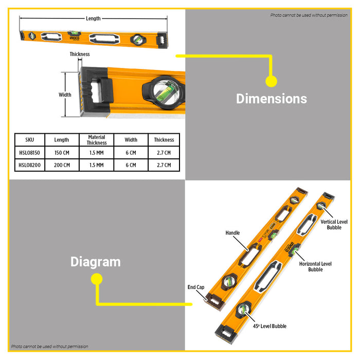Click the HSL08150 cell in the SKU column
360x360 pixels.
click(30, 153)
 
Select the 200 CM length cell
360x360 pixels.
click(62, 165)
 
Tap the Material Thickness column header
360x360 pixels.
click(97, 140)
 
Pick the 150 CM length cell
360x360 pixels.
click(62, 153)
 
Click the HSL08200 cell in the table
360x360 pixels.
click(30, 165)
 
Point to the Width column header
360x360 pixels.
click(131, 140)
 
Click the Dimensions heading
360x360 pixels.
click(272, 99)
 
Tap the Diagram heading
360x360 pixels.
click(96, 262)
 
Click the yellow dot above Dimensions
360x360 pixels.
click(271, 81)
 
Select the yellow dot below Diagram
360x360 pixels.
click(97, 279)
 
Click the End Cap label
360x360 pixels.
click(196, 287)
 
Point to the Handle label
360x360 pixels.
click(232, 233)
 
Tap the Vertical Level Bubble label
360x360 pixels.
click(334, 225)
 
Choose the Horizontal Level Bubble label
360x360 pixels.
click(315, 266)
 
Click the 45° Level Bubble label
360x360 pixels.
click(269, 326)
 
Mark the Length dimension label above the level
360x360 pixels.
click(93, 19)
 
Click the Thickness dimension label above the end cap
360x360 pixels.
click(80, 54)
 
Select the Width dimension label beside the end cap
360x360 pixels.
click(65, 95)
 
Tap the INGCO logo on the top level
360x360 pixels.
click(75, 38)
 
